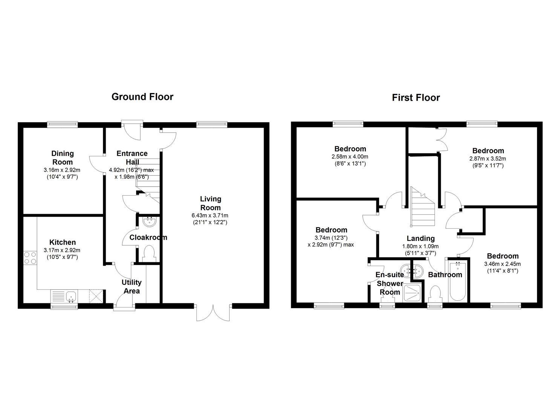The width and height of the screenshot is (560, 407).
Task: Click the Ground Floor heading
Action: coord(142,97)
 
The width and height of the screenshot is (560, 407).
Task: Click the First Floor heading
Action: coord(416,98)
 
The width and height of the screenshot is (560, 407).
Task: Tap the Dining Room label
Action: coord(63,158)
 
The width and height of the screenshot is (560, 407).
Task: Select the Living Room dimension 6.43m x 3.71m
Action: coord(210,216)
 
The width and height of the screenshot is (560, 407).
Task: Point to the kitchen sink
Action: coord(71,296)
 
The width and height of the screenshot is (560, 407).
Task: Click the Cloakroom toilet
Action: coord(150,254)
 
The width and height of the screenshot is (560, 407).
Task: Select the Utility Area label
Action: coord(131,286)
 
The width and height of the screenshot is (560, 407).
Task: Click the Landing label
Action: coord(420,238)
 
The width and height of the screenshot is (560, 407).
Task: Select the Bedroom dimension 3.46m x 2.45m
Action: coord(502,264)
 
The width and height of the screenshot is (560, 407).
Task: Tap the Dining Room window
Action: coord(62,123)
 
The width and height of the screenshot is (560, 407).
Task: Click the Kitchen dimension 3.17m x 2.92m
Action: coord(62,250)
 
